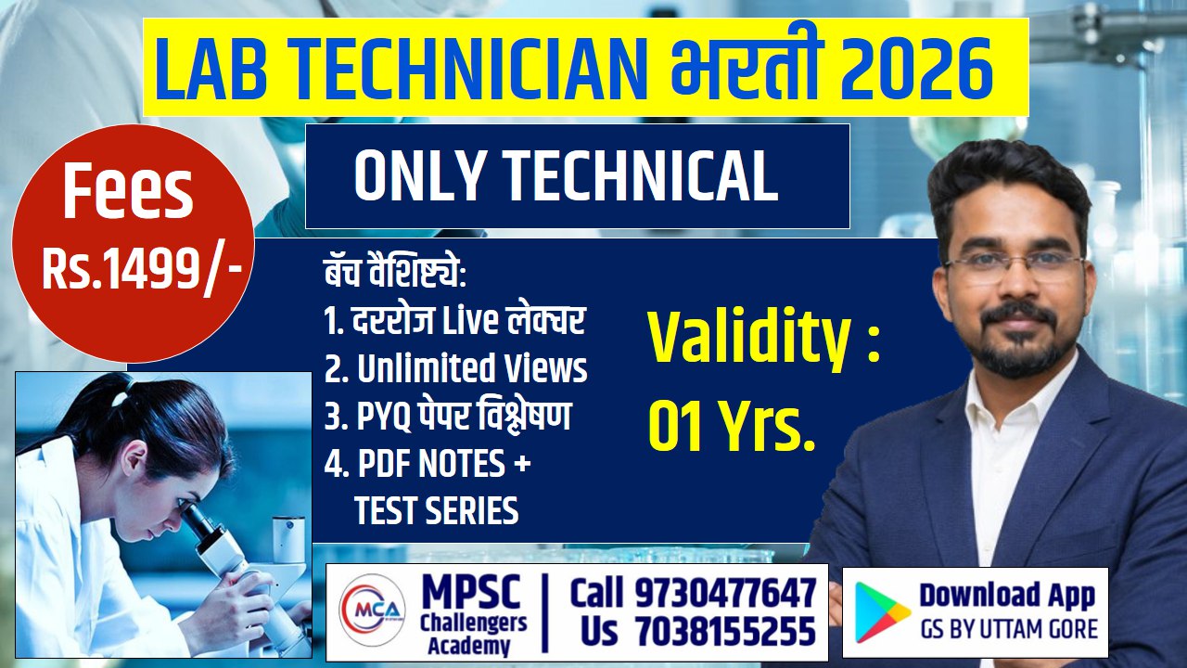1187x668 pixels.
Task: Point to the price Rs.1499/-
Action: click(142, 269)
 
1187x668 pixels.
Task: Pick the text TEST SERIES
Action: click(436, 511)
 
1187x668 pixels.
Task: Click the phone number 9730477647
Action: click(725, 592)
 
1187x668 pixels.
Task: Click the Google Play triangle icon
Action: click(882, 612)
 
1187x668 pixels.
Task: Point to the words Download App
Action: click(1007, 595)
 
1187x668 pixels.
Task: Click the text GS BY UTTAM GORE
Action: click(1009, 631)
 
